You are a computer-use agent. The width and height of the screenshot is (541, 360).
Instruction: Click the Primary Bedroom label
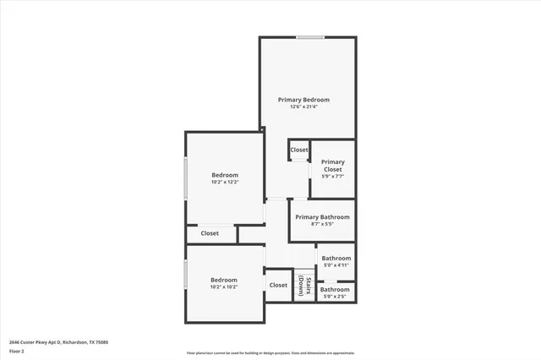[304, 100]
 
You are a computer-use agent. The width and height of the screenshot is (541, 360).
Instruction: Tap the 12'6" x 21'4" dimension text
[304, 107]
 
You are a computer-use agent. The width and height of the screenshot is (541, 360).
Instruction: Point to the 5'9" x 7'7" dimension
[332, 177]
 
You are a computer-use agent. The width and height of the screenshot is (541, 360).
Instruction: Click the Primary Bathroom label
[321, 217]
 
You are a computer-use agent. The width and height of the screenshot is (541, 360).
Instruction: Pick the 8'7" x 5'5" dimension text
[321, 225]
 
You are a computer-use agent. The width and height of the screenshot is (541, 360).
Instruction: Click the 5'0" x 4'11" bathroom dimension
[336, 266]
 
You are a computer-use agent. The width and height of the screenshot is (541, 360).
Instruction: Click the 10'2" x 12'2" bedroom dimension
[225, 183]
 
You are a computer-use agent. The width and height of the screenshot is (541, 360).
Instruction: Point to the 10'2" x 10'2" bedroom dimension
[224, 287]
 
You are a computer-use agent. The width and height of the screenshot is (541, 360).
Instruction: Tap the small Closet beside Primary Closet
[299, 150]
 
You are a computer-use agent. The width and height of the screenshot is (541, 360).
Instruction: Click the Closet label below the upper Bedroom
[210, 233]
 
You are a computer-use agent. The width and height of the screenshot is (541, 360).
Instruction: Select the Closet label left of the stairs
[278, 286]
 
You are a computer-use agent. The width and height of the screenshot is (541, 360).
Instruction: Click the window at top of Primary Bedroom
[310, 37]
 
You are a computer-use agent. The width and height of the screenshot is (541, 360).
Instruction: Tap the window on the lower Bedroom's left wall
[186, 275]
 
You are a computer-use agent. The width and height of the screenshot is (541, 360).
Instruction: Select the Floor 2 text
[17, 351]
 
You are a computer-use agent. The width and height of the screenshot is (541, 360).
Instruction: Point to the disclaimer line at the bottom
[270, 353]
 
